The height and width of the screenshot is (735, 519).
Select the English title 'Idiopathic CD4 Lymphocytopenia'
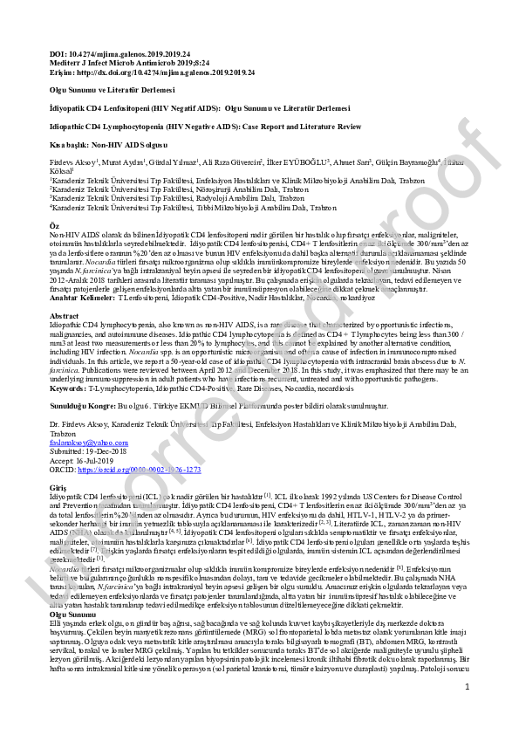[105, 127]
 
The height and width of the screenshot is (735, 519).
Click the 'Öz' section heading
[54, 225]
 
